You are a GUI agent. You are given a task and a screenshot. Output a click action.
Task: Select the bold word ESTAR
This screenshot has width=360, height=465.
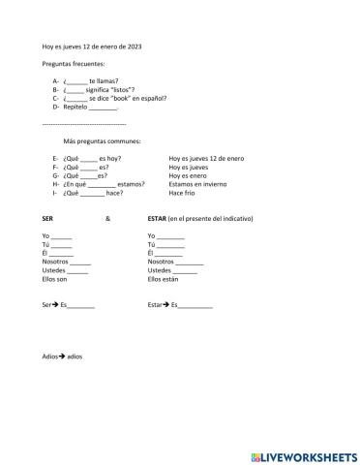[157, 218]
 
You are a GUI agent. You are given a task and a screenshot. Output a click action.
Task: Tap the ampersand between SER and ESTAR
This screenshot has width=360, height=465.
[108, 218]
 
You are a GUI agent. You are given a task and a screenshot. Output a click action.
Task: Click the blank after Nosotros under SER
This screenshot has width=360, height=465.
[80, 262]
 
